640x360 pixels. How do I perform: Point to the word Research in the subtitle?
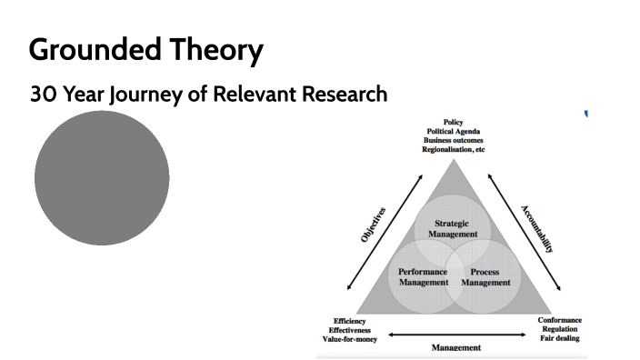(x=337, y=94)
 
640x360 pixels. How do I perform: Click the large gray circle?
(x=102, y=178)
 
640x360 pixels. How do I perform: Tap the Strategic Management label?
(x=452, y=228)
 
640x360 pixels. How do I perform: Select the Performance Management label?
(x=423, y=276)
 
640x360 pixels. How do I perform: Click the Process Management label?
(x=485, y=276)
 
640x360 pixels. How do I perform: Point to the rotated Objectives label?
(x=373, y=224)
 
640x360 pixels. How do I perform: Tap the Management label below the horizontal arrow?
(x=456, y=346)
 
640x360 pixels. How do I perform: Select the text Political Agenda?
(x=453, y=132)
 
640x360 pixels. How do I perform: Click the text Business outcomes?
(x=453, y=141)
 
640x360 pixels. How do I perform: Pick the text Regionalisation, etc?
(x=453, y=150)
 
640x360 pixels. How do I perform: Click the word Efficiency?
(x=350, y=320)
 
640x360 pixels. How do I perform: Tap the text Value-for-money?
(x=350, y=338)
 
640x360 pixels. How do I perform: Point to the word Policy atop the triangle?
(x=453, y=123)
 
